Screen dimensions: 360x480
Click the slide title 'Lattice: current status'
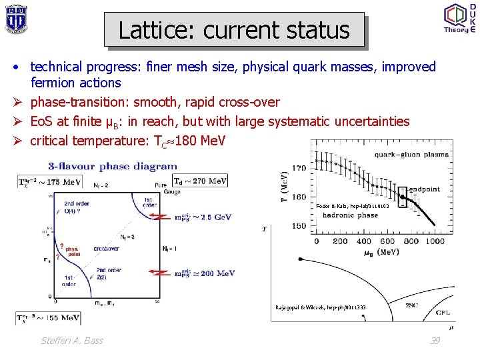coord(234,30)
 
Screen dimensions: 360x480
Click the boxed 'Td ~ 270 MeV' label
coord(200,180)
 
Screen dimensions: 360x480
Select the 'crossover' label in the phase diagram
coord(106,248)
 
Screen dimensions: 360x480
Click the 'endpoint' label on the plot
coord(425,189)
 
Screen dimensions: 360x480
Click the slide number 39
coord(435,341)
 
